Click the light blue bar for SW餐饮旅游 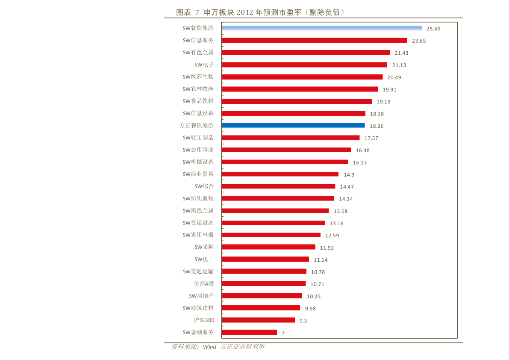tap(321, 28)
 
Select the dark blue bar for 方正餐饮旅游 tap(293, 125)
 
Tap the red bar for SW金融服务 tap(249, 332)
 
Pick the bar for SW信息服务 tap(314, 40)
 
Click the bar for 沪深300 tap(258, 320)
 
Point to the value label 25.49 tap(433, 29)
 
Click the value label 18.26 tap(377, 126)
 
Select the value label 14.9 tap(349, 175)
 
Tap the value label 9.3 tap(303, 321)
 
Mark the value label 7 tap(283, 333)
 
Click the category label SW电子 tap(204, 65)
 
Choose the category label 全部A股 tap(203, 283)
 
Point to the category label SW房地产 tap(201, 295)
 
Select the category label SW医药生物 tap(198, 77)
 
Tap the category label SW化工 tap(204, 259)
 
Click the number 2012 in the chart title tap(244, 12)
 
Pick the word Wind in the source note tap(209, 347)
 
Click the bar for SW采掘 tap(268, 247)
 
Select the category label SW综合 tap(204, 186)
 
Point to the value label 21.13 tap(399, 65)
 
